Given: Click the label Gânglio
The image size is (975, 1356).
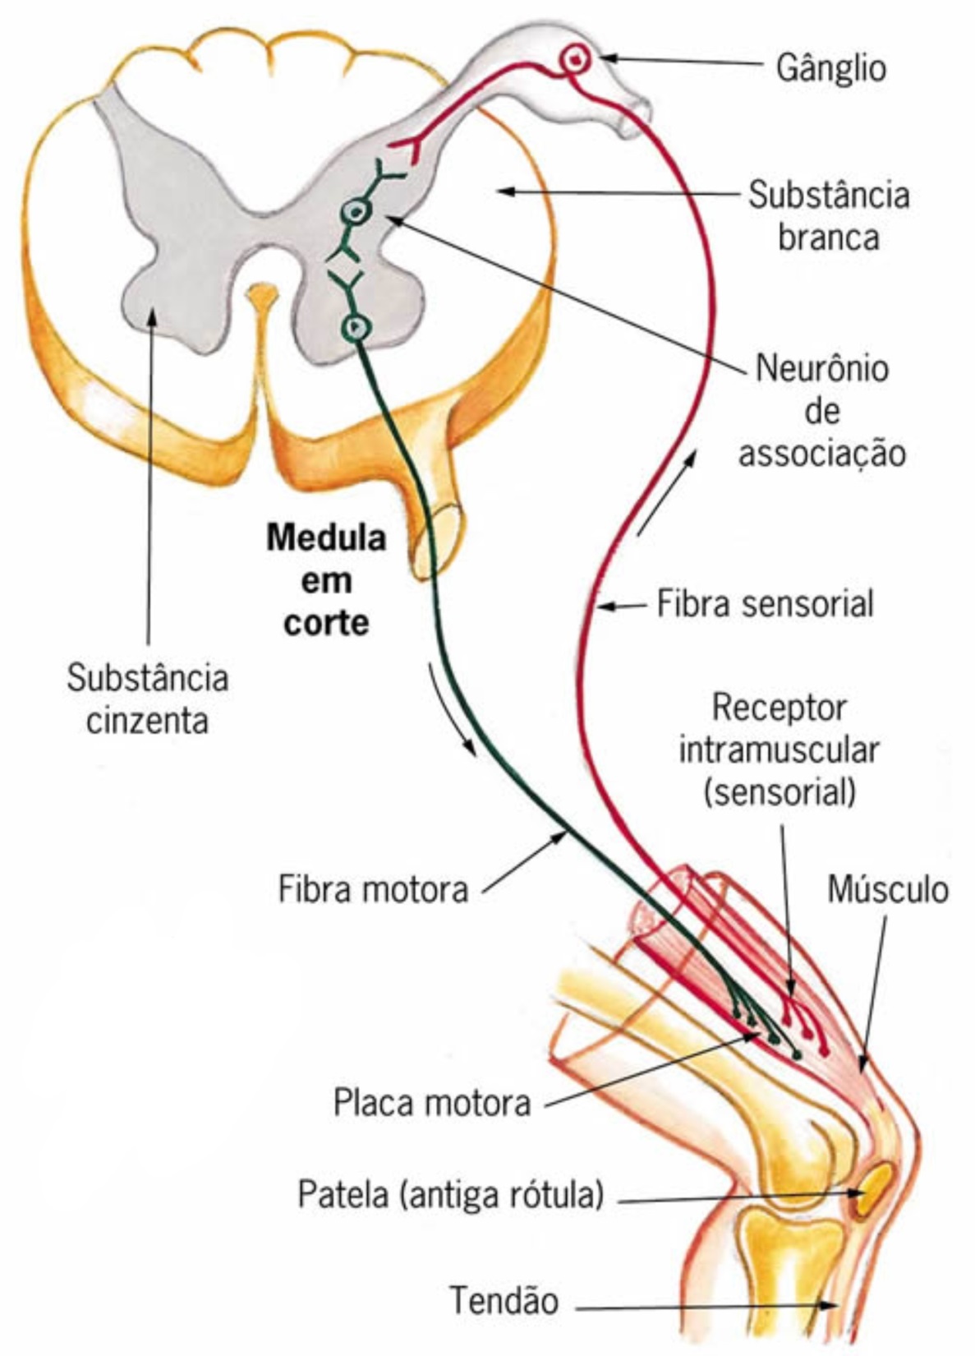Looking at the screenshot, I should [830, 67].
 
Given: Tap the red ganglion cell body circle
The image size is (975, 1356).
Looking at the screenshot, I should [576, 58].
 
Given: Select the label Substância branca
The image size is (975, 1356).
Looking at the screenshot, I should [828, 216].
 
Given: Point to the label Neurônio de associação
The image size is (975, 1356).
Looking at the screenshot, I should [821, 410].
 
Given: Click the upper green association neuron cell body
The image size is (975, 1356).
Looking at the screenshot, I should [356, 213].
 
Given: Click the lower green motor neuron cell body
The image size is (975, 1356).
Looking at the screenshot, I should [356, 328].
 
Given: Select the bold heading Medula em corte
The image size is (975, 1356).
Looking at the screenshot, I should [326, 580].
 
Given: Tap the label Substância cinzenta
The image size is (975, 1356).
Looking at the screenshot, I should [148, 699].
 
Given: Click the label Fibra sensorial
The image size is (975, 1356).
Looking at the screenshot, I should [765, 604].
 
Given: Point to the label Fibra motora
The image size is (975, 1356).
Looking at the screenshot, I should [373, 889].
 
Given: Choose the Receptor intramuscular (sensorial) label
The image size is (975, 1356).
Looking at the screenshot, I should [779, 749].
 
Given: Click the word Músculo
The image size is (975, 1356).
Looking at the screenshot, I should [888, 889].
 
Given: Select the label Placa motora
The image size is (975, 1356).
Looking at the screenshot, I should [432, 1103].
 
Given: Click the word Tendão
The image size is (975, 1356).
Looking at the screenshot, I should [504, 1301].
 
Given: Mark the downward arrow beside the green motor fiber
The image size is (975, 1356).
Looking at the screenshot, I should [453, 708].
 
